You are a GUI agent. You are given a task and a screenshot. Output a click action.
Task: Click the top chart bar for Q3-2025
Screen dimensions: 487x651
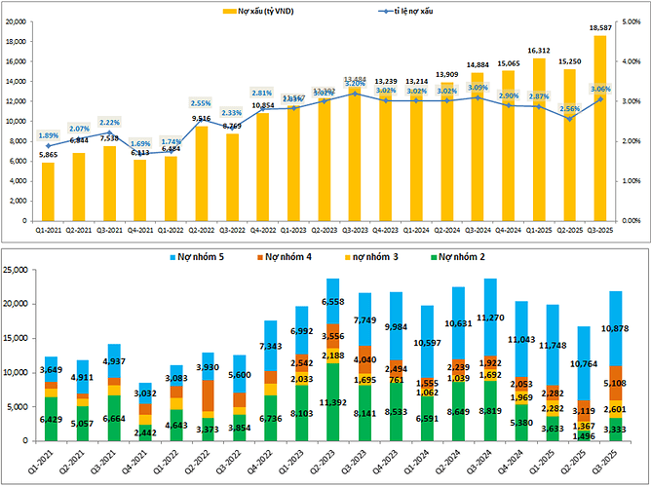[x=599, y=127]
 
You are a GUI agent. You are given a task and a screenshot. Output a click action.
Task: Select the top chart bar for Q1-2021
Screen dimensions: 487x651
[x=48, y=191]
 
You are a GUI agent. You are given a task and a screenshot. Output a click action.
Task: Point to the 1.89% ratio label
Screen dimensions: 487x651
[x=48, y=135]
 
